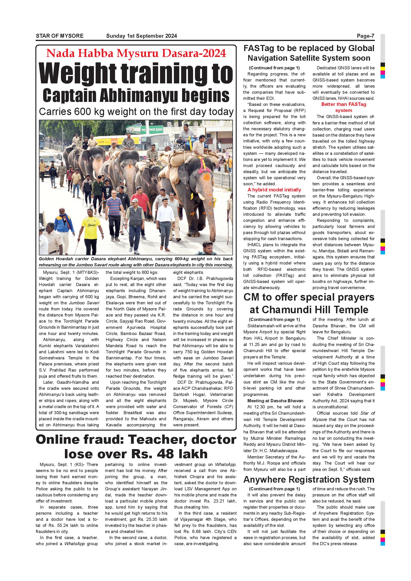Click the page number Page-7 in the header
pos(365,36)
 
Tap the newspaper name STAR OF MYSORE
pos(60,36)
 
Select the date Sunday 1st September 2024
pos(141,36)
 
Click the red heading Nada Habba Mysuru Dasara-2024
pos(136,53)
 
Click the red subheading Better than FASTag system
pos(344,107)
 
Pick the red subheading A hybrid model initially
pos(274,190)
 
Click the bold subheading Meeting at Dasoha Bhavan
pos(275,401)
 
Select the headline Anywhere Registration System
pos(309,480)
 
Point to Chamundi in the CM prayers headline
pos(292,310)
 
